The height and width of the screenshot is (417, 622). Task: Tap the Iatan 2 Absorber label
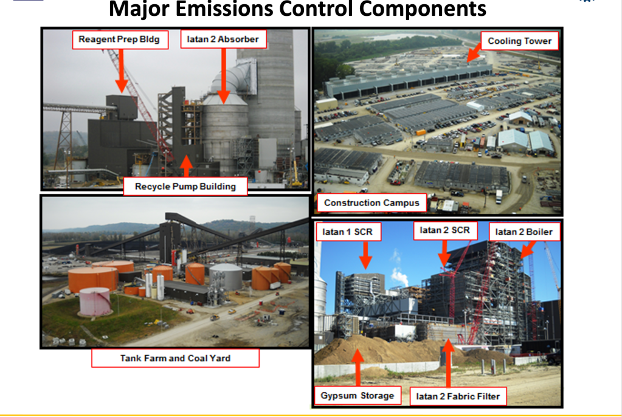[x=223, y=40]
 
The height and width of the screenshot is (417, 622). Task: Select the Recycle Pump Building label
[x=185, y=187]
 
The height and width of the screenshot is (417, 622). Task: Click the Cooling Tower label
[x=520, y=41]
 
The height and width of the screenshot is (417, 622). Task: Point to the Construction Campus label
[x=371, y=203]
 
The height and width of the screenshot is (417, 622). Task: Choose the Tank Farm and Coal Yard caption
[x=175, y=358]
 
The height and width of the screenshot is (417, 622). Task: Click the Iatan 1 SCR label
[x=348, y=232]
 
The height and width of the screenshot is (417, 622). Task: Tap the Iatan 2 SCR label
[x=445, y=230]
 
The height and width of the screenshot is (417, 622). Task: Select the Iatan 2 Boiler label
[x=524, y=232]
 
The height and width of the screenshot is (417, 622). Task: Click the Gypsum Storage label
[x=358, y=396]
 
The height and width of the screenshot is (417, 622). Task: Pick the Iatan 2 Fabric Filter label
[x=458, y=396]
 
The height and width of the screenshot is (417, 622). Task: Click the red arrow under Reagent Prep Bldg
[x=121, y=71]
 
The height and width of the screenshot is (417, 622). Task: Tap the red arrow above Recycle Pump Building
[x=186, y=166]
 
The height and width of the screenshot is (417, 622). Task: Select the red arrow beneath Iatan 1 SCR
[x=365, y=255]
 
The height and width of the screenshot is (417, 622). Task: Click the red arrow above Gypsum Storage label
[x=358, y=367]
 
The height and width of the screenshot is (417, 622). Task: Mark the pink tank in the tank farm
[x=95, y=302]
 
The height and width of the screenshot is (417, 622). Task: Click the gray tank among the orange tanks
[x=226, y=277]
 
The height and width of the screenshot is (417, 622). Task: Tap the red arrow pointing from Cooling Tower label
[x=474, y=53]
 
